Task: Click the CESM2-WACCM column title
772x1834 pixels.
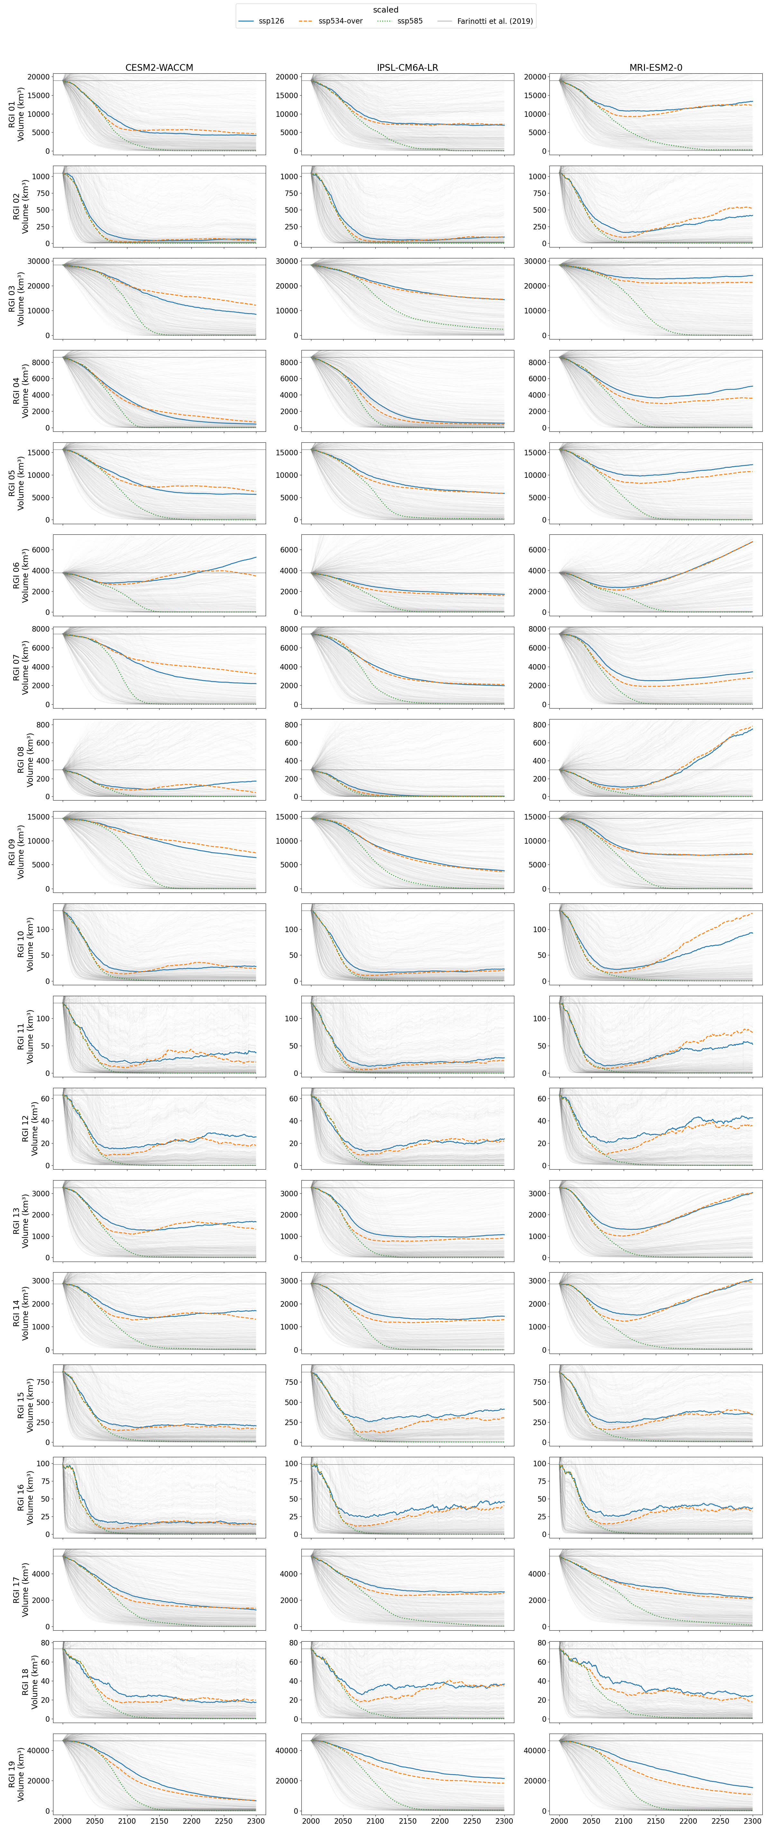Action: pos(159,68)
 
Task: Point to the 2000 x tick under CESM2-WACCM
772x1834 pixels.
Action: pos(63,1820)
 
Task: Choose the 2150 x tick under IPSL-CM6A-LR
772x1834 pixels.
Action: pos(408,1820)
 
